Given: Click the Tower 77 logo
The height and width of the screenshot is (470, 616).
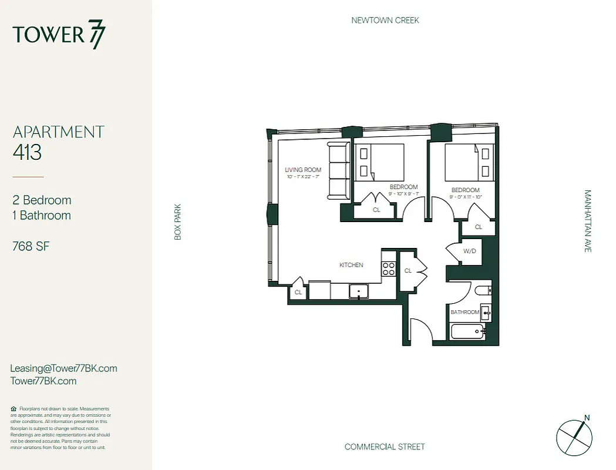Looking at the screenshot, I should (x=59, y=35).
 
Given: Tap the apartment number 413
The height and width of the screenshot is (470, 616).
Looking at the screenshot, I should (x=27, y=153).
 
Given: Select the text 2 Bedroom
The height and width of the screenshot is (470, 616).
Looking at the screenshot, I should (x=42, y=200).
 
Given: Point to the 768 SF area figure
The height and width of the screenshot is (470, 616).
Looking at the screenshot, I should (x=31, y=246).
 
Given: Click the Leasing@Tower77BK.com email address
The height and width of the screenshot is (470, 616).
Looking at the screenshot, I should (x=63, y=368).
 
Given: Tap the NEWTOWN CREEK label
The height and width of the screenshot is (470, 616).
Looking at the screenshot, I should (x=385, y=20).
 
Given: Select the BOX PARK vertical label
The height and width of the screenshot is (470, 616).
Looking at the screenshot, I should (x=178, y=221).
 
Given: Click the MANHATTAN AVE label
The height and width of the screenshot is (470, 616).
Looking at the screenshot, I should (x=587, y=221).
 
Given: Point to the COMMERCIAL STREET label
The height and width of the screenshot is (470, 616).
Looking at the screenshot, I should (x=385, y=446).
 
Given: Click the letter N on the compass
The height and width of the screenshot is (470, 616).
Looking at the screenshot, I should (x=587, y=418).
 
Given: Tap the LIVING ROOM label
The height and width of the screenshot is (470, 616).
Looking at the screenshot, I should (x=303, y=170).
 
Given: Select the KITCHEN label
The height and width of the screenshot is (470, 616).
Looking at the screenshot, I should (x=351, y=265).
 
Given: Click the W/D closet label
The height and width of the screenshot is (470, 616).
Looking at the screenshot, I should (x=470, y=251).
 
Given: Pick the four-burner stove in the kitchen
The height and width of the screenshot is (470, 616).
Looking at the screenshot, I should (x=389, y=268).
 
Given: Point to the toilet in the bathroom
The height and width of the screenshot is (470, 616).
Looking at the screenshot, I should (x=481, y=290).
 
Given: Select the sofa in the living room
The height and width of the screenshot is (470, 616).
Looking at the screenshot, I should (x=338, y=171).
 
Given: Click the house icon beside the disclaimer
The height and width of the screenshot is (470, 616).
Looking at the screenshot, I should (x=14, y=408).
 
